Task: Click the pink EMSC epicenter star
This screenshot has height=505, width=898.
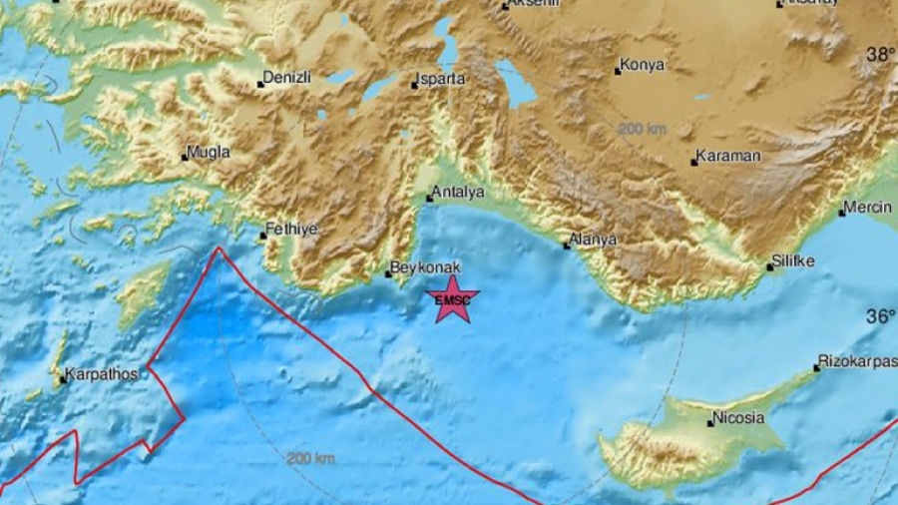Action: tap(452, 299)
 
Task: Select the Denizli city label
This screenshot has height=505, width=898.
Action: tap(289, 76)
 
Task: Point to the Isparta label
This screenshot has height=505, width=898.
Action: tap(442, 77)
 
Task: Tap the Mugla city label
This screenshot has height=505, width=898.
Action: tap(210, 152)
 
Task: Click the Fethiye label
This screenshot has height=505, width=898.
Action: tap(292, 229)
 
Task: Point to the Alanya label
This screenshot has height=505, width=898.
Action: tap(594, 240)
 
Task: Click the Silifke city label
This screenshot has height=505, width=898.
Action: tap(794, 261)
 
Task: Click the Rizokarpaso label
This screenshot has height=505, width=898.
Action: tap(858, 360)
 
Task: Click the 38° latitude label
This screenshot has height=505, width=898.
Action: tap(879, 55)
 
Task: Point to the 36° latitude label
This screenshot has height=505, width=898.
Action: tap(879, 316)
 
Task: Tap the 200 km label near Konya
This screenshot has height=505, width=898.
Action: tap(643, 130)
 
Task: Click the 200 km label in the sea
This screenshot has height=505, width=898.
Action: tap(310, 458)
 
